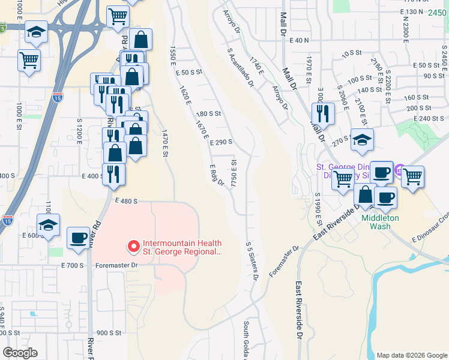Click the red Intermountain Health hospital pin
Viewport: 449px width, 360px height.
pos(133,246)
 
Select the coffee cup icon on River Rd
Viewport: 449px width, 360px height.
pos(78,238)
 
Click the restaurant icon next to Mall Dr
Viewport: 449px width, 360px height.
pos(324,113)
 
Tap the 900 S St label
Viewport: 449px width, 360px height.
pos(109,332)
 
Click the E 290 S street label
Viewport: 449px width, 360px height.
pos(221,142)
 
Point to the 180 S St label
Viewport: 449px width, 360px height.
pos(209,113)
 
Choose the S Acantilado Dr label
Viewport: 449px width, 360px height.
pos(239,67)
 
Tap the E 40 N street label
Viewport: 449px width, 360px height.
pos(298,40)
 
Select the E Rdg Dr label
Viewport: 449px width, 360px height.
pos(217,174)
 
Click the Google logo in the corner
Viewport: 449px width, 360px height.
pos(20,353)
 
